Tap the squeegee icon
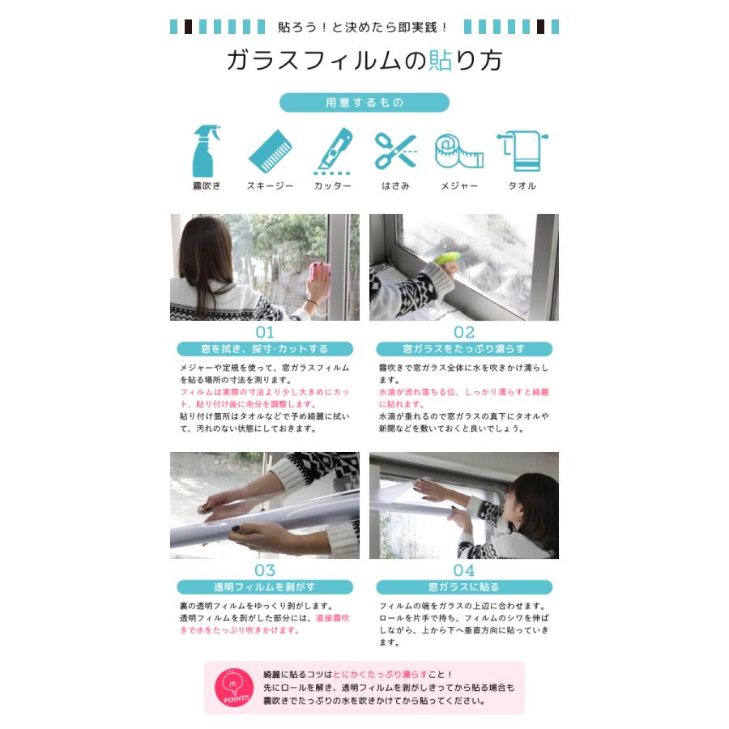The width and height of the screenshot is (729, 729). click(x=270, y=151)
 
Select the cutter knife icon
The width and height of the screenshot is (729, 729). click(x=333, y=151)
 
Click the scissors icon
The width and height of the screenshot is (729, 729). click(x=394, y=151)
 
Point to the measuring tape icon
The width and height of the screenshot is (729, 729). click(x=458, y=151)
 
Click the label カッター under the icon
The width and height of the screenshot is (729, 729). click(x=333, y=185)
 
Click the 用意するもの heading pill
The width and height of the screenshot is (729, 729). click(x=364, y=103)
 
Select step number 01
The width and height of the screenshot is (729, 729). click(x=265, y=332)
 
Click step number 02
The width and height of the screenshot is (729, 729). click(x=464, y=332)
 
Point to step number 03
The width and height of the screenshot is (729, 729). click(x=265, y=570)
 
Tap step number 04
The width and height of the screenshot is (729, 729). click(x=464, y=570)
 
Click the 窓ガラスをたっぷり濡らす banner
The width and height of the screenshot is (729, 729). click(x=464, y=349)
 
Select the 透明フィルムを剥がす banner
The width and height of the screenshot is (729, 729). click(x=265, y=587)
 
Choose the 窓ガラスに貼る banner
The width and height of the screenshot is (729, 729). click(x=464, y=587)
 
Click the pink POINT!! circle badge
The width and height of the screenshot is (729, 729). click(x=234, y=688)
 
